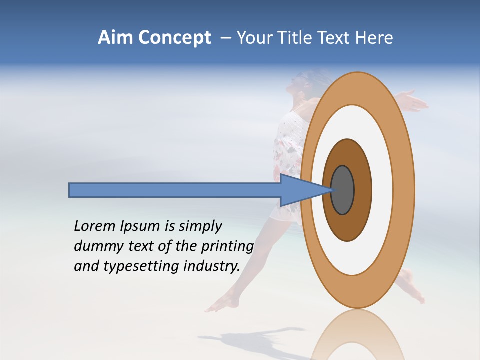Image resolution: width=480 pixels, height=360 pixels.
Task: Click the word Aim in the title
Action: click(x=113, y=38)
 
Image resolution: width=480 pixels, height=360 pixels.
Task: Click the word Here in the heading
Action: click(x=374, y=38)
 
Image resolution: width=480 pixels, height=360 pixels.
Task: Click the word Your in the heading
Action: click(x=253, y=38)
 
